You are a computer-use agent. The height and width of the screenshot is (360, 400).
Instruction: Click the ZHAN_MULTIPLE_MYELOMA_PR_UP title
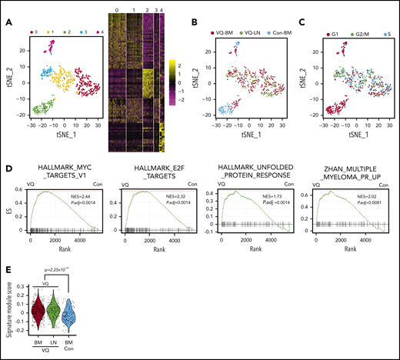coord(350,182)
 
